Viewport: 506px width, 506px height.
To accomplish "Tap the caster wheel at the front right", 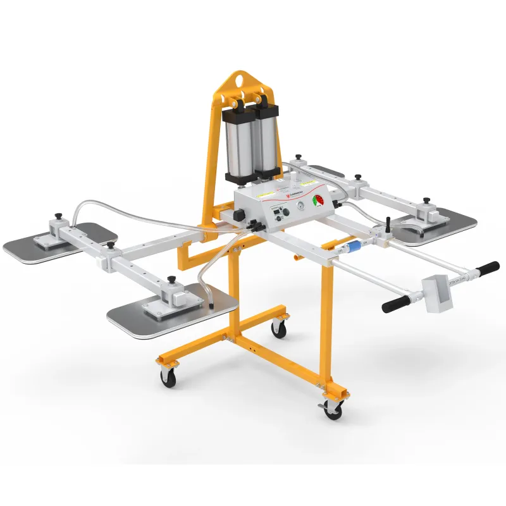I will pyautogui.click(x=331, y=409).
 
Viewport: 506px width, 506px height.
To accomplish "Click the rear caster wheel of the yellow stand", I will pyautogui.click(x=278, y=328).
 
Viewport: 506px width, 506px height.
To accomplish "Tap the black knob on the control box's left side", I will pyautogui.click(x=239, y=215).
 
